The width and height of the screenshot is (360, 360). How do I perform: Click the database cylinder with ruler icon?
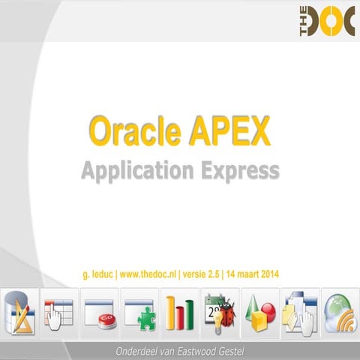19,308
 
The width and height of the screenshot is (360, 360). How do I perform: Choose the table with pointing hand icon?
59,308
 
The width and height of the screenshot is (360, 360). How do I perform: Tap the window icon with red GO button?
100,308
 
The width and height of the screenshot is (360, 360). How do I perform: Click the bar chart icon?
180,308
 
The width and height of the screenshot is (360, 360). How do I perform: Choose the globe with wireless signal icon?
339,308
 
